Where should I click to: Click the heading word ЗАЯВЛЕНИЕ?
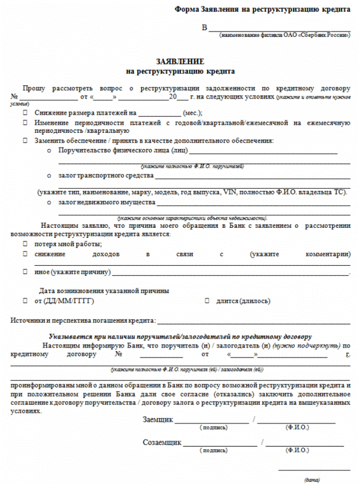(180, 62)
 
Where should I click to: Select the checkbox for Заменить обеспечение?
(25, 141)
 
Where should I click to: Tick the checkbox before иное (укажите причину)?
(25, 273)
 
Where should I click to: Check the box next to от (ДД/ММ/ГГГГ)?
(25, 301)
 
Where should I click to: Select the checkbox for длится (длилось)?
(207, 301)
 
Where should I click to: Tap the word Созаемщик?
(162, 443)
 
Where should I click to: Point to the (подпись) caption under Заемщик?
(214, 428)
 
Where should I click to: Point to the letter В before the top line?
(205, 28)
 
